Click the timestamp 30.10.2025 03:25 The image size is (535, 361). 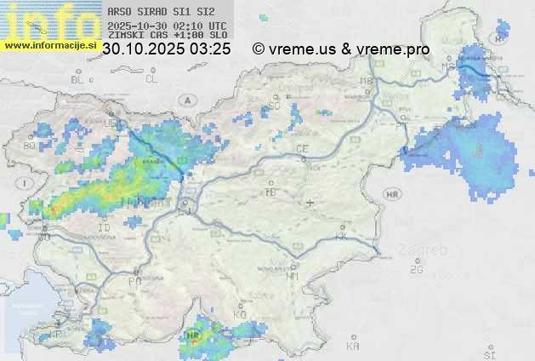(x=166, y=49)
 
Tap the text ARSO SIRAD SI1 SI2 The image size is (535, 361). (x=161, y=13)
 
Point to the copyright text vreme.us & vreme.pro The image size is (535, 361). (x=341, y=49)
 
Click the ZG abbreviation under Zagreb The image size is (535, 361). (x=416, y=269)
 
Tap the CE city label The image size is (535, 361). (x=302, y=149)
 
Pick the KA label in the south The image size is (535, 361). (x=353, y=347)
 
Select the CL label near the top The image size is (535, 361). (x=151, y=79)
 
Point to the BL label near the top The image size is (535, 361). (x=78, y=79)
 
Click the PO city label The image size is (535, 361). (x=134, y=280)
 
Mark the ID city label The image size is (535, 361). (x=105, y=228)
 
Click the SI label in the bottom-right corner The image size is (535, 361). (x=488, y=352)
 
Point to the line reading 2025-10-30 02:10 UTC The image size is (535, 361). (x=167, y=26)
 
